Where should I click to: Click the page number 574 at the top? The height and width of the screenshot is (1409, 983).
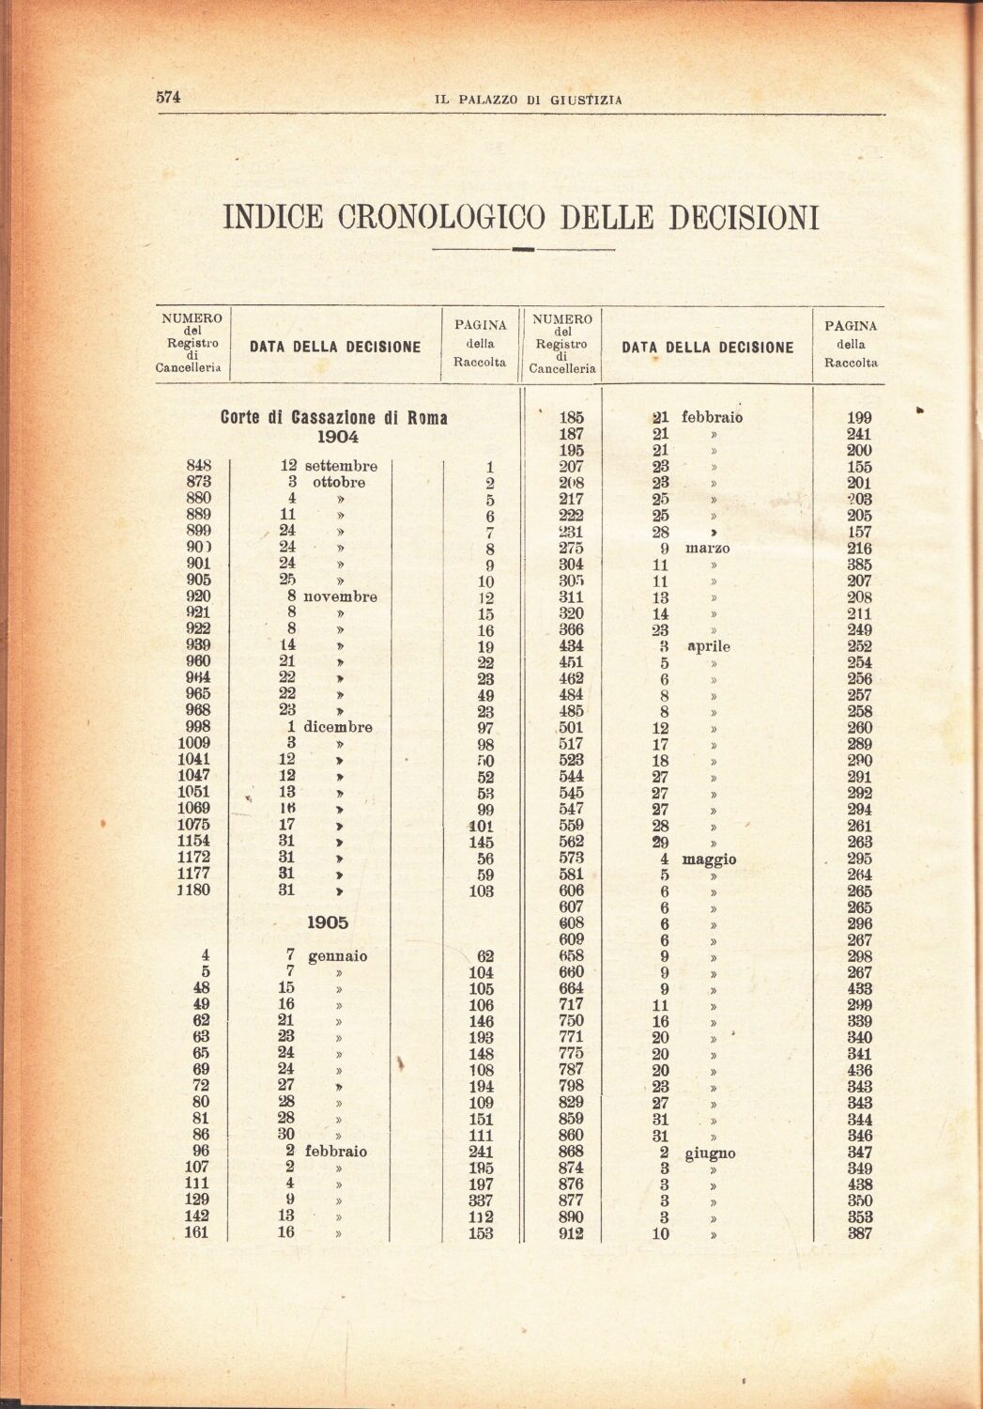167,97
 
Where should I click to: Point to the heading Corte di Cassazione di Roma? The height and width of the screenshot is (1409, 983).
333,418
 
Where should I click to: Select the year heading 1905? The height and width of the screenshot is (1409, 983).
332,922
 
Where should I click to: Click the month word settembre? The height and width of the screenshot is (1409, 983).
340,466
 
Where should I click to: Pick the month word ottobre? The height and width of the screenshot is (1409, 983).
339,483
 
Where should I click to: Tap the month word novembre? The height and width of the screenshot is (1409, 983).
340,596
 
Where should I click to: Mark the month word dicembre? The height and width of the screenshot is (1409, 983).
338,726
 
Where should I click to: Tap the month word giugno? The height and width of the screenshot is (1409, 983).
710,1154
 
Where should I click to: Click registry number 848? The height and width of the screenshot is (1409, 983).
199,466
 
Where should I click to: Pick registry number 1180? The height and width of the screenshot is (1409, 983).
194,890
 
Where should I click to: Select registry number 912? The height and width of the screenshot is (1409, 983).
571,1233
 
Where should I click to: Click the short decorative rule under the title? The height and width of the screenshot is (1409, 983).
523,250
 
